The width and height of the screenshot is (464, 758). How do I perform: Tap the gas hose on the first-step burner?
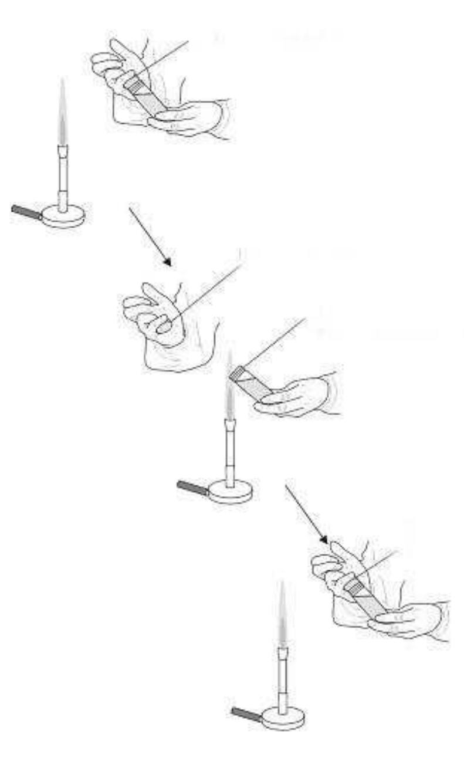tap(26, 212)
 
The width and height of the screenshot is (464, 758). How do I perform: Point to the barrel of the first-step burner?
tap(62, 176)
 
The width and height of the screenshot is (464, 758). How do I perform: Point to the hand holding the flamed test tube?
tap(296, 397)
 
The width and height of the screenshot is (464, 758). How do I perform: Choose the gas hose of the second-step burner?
tap(193, 488)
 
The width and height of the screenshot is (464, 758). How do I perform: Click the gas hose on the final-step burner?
tap(246, 714)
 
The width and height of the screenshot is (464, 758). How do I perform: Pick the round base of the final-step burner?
tap(283, 717)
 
